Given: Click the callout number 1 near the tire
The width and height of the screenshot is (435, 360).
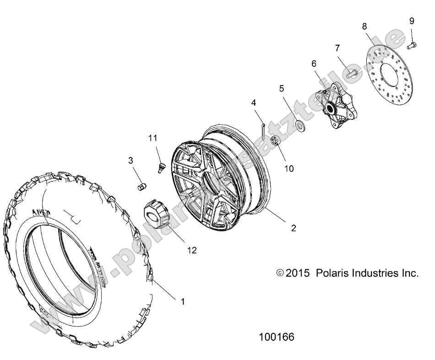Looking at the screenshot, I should tap(183, 301).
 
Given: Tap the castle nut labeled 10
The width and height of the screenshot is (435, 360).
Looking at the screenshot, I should tap(276, 142).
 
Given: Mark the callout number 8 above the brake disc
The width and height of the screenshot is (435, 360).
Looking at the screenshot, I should tap(364, 27).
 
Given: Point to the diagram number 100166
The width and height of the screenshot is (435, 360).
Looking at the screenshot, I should tap(277, 337).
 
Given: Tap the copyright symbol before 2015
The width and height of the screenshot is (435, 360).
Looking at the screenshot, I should tap(280, 274).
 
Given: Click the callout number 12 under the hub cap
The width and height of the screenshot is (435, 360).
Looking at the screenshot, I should tap(192, 250).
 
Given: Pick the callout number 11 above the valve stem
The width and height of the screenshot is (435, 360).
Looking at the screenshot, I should tap(152, 137).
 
